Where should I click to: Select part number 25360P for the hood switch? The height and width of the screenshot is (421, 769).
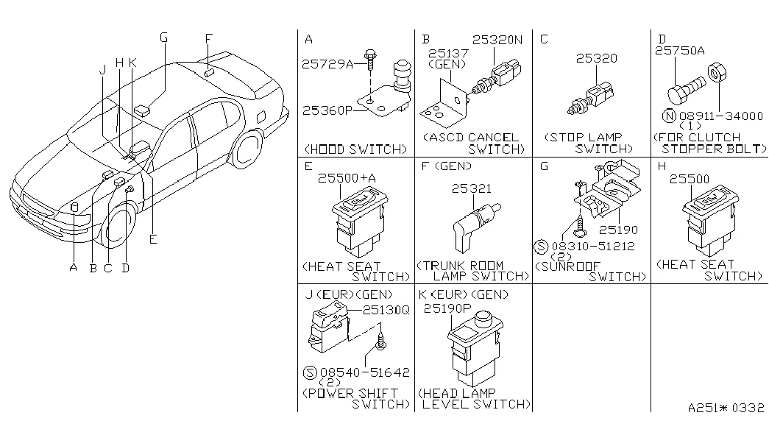[x=327, y=110]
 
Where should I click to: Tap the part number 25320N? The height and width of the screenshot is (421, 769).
[x=497, y=41]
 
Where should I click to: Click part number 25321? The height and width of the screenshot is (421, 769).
[x=471, y=189]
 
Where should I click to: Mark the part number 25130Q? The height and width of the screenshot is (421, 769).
[x=386, y=310]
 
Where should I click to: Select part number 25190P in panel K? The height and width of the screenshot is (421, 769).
[x=447, y=310]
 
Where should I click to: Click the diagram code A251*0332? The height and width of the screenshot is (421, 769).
[x=726, y=407]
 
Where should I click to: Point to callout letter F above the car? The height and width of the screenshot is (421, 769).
[x=209, y=39]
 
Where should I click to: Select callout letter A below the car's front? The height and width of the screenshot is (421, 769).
[x=74, y=267]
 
